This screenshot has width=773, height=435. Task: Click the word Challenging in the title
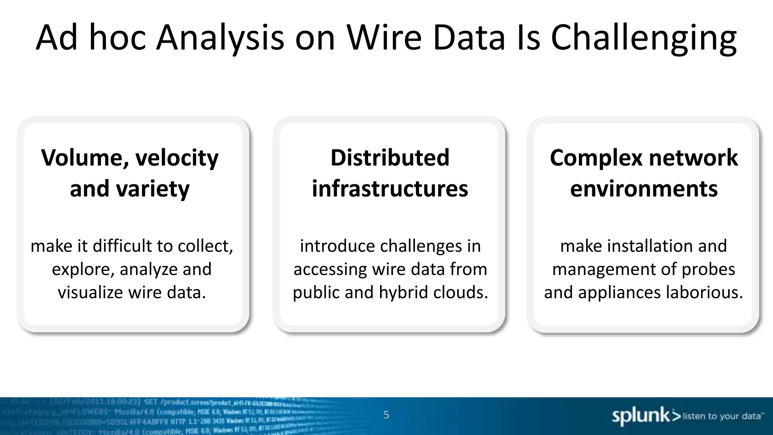pyautogui.click(x=643, y=38)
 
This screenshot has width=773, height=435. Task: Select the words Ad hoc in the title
pyautogui.click(x=91, y=38)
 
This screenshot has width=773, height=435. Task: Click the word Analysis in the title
pyautogui.click(x=220, y=38)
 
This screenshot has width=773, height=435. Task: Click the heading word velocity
pyautogui.click(x=177, y=157)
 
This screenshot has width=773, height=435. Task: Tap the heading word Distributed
pyautogui.click(x=390, y=157)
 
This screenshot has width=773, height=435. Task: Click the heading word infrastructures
pyautogui.click(x=390, y=189)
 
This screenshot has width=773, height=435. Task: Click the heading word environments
pyautogui.click(x=644, y=189)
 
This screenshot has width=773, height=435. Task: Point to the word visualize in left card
pyautogui.click(x=90, y=292)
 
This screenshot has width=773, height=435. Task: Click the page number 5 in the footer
pyautogui.click(x=386, y=415)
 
